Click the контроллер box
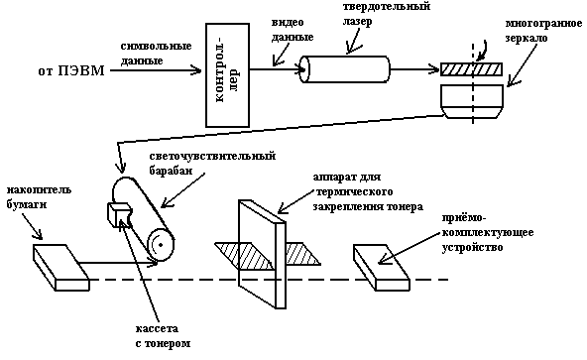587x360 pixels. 227,75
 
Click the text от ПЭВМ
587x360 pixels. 71,70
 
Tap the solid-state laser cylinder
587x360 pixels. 345,69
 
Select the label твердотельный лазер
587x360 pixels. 386,13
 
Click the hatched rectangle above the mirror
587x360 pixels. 471,69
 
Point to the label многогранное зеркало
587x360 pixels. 543,31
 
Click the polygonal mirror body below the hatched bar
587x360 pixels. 472,101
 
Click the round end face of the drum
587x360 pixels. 161,245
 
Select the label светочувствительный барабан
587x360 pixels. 212,163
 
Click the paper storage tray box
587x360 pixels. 61,268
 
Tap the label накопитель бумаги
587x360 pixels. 39,197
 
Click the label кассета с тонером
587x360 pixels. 163,336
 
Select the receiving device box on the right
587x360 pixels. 382,268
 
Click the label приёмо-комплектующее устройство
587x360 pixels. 488,233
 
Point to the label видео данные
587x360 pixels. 293,30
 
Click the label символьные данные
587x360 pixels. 156,54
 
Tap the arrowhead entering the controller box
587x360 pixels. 197,70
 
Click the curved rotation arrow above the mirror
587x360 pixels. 482,49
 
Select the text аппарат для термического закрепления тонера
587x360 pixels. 368,191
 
